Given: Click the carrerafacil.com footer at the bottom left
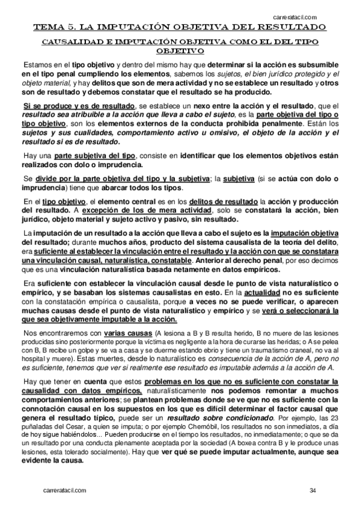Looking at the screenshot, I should (x=67, y=491).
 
